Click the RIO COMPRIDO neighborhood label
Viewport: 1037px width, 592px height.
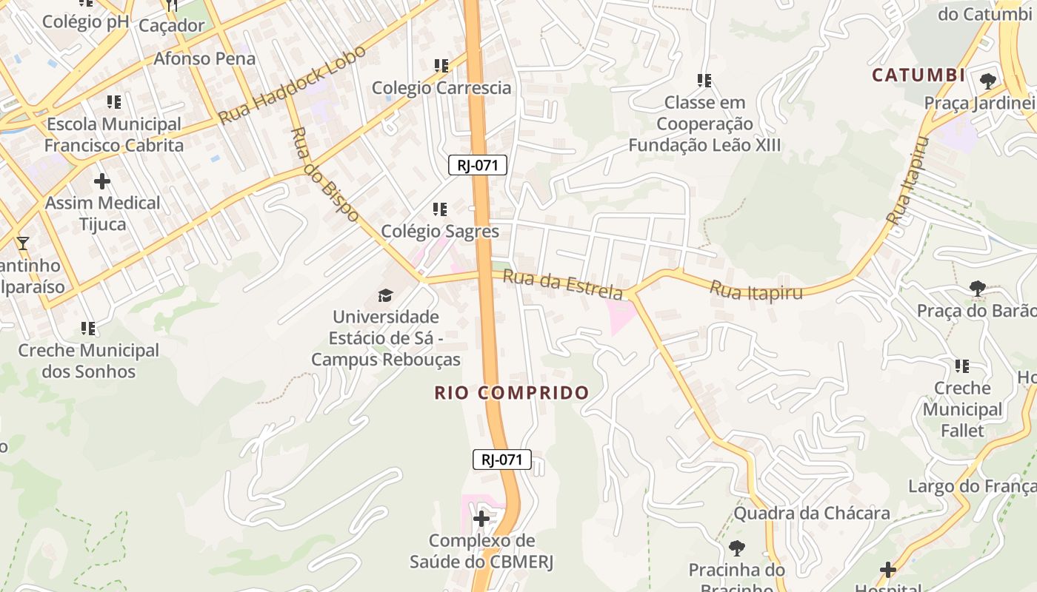pos(512,393)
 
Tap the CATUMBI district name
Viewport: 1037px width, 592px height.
pos(918,75)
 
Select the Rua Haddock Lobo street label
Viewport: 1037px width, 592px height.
pos(293,84)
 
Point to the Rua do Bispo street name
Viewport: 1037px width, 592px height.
pos(324,175)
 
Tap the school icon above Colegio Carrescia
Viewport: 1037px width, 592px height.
pos(441,66)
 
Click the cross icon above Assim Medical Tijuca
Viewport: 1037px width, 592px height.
pos(102,181)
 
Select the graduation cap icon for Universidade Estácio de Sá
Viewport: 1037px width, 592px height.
pos(385,296)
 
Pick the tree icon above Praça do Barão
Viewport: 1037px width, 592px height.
pos(977,288)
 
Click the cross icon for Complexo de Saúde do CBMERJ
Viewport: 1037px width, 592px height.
pos(481,519)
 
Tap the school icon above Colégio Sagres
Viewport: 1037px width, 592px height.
pos(440,209)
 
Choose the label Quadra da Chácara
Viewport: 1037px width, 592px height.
pos(812,513)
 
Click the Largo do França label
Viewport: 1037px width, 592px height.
pos(972,486)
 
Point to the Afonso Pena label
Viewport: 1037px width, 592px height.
pos(204,58)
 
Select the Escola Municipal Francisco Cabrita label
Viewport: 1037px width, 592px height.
pos(114,135)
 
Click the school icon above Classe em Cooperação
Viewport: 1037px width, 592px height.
pos(704,80)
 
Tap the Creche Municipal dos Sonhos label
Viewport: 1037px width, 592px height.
pos(89,360)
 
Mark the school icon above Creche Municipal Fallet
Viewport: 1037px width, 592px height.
pos(962,366)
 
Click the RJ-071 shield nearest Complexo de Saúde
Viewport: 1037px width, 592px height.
pos(502,460)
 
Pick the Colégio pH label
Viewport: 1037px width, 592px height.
pos(86,21)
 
